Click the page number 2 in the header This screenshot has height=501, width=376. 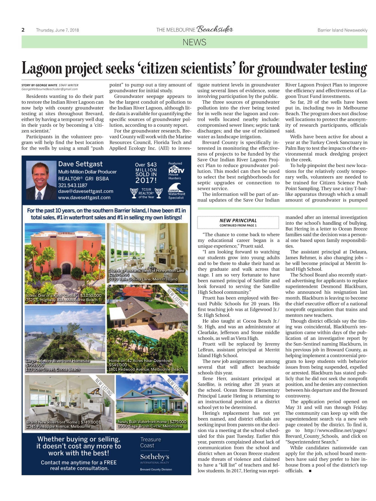(x=23, y=30)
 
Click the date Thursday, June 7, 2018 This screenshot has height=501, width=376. (x=57, y=30)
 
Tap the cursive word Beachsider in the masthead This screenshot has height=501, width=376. (x=215, y=30)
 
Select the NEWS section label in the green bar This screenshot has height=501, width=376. (x=194, y=42)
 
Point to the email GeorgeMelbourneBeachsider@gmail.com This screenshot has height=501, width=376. (x=50, y=89)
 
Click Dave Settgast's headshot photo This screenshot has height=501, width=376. (x=41, y=181)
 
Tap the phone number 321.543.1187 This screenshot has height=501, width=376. (x=73, y=185)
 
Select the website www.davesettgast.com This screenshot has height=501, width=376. (x=84, y=198)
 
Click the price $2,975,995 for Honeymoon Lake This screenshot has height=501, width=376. (x=119, y=275)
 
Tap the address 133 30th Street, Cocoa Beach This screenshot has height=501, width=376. (x=53, y=370)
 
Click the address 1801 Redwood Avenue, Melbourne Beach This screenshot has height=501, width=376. (x=146, y=369)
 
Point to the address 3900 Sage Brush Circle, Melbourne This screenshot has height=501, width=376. (x=150, y=426)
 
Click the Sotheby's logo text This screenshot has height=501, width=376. (x=155, y=457)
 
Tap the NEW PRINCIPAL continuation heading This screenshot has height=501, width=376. (x=238, y=220)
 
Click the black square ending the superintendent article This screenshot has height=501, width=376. (x=310, y=471)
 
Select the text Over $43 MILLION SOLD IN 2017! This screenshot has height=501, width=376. (x=146, y=173)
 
